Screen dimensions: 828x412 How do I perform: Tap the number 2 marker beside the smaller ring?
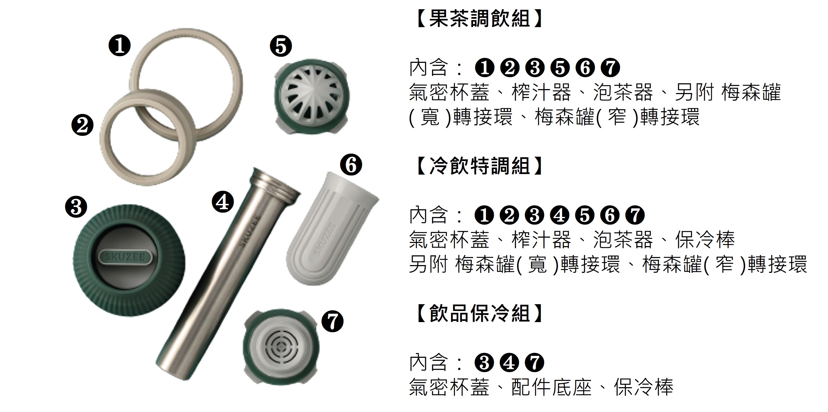(x=82, y=125)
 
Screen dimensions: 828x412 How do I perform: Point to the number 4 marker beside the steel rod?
(x=223, y=202)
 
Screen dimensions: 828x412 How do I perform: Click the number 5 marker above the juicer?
(x=281, y=46)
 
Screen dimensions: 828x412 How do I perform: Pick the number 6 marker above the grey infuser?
(x=351, y=165)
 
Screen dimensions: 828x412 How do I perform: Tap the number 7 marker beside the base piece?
(x=333, y=321)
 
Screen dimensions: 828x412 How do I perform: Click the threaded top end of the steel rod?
(x=275, y=182)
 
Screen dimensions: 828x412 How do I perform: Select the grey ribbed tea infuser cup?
(x=332, y=229)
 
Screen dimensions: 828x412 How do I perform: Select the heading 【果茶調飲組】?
(x=479, y=18)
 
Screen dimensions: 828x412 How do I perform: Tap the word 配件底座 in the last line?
(x=551, y=387)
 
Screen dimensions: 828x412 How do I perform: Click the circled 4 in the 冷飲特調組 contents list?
(x=560, y=215)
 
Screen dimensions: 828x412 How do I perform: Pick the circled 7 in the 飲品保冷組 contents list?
(x=534, y=362)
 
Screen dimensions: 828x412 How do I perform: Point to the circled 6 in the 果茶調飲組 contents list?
(x=585, y=68)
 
